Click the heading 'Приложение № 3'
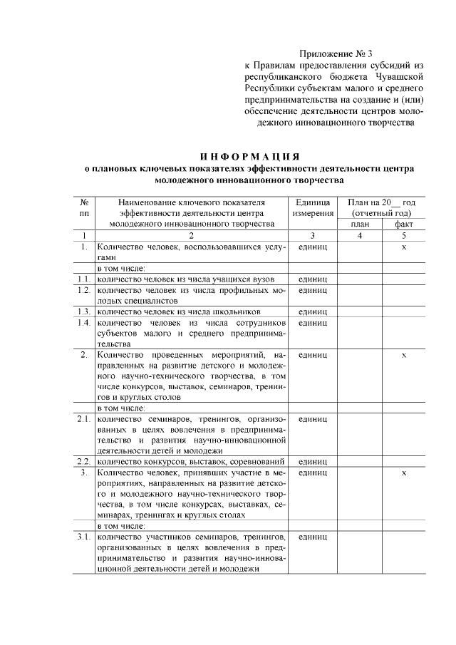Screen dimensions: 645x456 pyautogui.click(x=336, y=53)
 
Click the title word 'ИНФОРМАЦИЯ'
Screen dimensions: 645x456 pyautogui.click(x=249, y=157)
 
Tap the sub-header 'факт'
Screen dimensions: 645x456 pyautogui.click(x=404, y=224)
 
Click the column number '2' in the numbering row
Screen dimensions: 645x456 pyautogui.click(x=190, y=235)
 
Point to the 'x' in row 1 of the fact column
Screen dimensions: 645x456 pyautogui.click(x=404, y=247)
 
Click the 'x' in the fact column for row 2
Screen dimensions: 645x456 pyautogui.click(x=404, y=354)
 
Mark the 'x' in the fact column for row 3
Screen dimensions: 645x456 pyautogui.click(x=404, y=473)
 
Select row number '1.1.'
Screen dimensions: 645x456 pyautogui.click(x=84, y=279)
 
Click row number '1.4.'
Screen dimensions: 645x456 pyautogui.click(x=84, y=323)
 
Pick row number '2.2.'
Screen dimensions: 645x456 pyautogui.click(x=84, y=461)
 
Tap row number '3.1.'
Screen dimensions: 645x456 pyautogui.click(x=84, y=536)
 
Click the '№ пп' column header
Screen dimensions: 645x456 pyautogui.click(x=84, y=207)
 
